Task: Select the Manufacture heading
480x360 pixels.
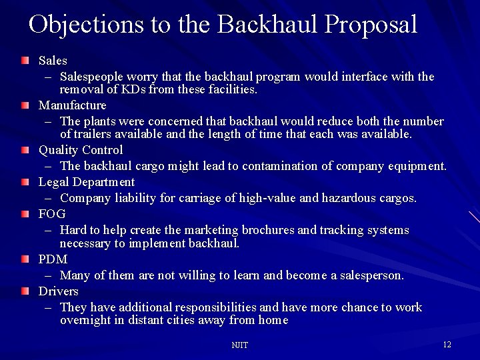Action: pos(72,105)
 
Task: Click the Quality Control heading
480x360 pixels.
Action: pos(81,150)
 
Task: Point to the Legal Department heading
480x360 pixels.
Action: pos(87,182)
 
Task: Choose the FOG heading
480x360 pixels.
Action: pos(52,214)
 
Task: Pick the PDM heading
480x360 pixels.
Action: pos(53,259)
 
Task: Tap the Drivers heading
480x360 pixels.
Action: pos(58,291)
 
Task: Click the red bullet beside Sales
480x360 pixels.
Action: pos(25,61)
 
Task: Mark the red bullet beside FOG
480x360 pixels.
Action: pos(25,214)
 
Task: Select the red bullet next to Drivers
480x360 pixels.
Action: pos(25,291)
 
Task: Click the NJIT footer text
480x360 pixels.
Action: pos(239,345)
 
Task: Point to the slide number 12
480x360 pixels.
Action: pos(447,345)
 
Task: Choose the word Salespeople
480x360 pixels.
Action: pos(93,77)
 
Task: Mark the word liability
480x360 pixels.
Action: pos(134,198)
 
